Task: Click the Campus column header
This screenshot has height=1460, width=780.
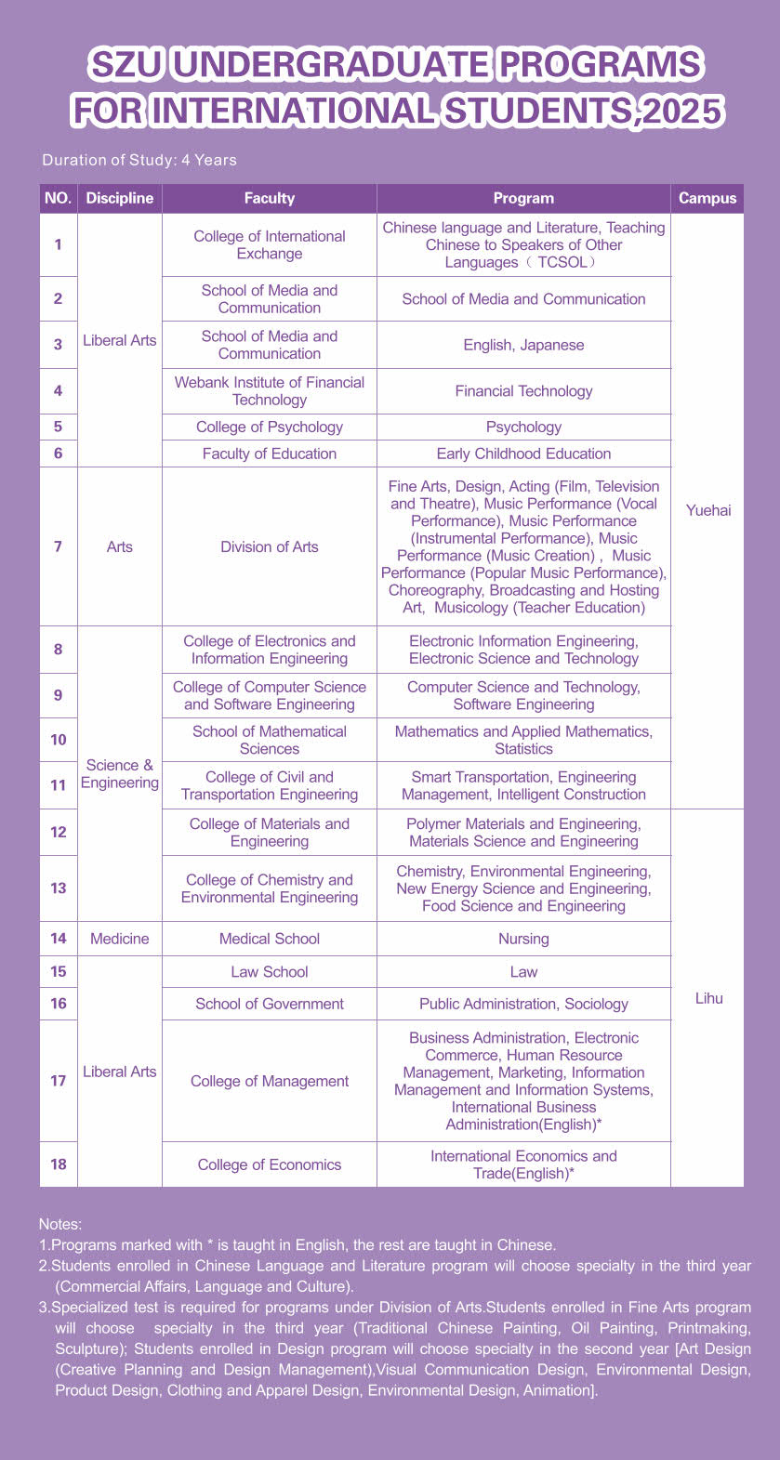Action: [x=707, y=198]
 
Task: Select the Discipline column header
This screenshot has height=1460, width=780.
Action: [x=120, y=198]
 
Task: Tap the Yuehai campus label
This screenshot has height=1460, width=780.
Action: [x=707, y=510]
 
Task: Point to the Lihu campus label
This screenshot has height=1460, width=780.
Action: [x=708, y=998]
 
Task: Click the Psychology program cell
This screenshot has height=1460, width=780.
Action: [x=523, y=427]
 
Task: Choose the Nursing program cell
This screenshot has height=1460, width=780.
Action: [x=523, y=939]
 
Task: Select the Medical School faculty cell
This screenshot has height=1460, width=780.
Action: [x=270, y=939]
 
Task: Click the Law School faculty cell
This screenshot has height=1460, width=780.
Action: [x=270, y=971]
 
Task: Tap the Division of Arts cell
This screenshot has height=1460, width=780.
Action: [x=270, y=546]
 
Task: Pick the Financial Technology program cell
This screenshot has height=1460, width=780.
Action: [x=523, y=391]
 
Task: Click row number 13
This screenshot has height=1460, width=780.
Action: [x=59, y=888]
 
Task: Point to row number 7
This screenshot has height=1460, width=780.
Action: [x=59, y=546]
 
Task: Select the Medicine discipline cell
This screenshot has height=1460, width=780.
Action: [x=120, y=939]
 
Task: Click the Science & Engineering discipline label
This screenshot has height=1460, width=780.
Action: [x=120, y=773]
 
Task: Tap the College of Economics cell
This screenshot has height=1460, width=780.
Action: [x=270, y=1164]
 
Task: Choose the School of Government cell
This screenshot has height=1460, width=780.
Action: [x=270, y=1004]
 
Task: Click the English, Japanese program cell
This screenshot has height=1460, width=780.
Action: [x=523, y=345]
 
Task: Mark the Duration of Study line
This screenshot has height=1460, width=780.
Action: [x=139, y=160]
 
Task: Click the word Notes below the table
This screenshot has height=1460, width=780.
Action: [x=60, y=1224]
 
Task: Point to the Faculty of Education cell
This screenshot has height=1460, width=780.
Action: [x=270, y=454]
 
